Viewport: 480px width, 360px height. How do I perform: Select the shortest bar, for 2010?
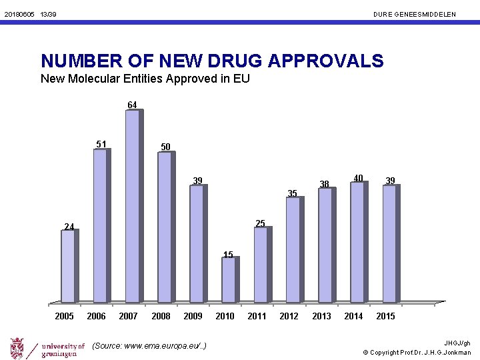pos(229,280)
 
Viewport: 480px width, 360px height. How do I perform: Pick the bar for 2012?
pos(293,249)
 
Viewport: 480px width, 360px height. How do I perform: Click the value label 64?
pos(132,105)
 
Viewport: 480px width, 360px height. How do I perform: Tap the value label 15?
pos(228,255)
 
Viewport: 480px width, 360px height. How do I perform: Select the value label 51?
pos(101,144)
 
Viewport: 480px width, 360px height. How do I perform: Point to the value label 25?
pos(260,223)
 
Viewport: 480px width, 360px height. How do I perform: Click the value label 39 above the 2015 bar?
pos(391,180)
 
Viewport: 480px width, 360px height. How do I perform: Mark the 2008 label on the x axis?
pos(161,316)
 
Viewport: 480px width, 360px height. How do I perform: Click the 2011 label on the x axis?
pos(257,316)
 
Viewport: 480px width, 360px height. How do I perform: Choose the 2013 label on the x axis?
pos(321,316)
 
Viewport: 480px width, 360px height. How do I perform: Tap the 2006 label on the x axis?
pos(96,316)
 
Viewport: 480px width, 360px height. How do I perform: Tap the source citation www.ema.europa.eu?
pos(149,345)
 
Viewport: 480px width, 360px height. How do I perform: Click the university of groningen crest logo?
pos(18,348)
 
